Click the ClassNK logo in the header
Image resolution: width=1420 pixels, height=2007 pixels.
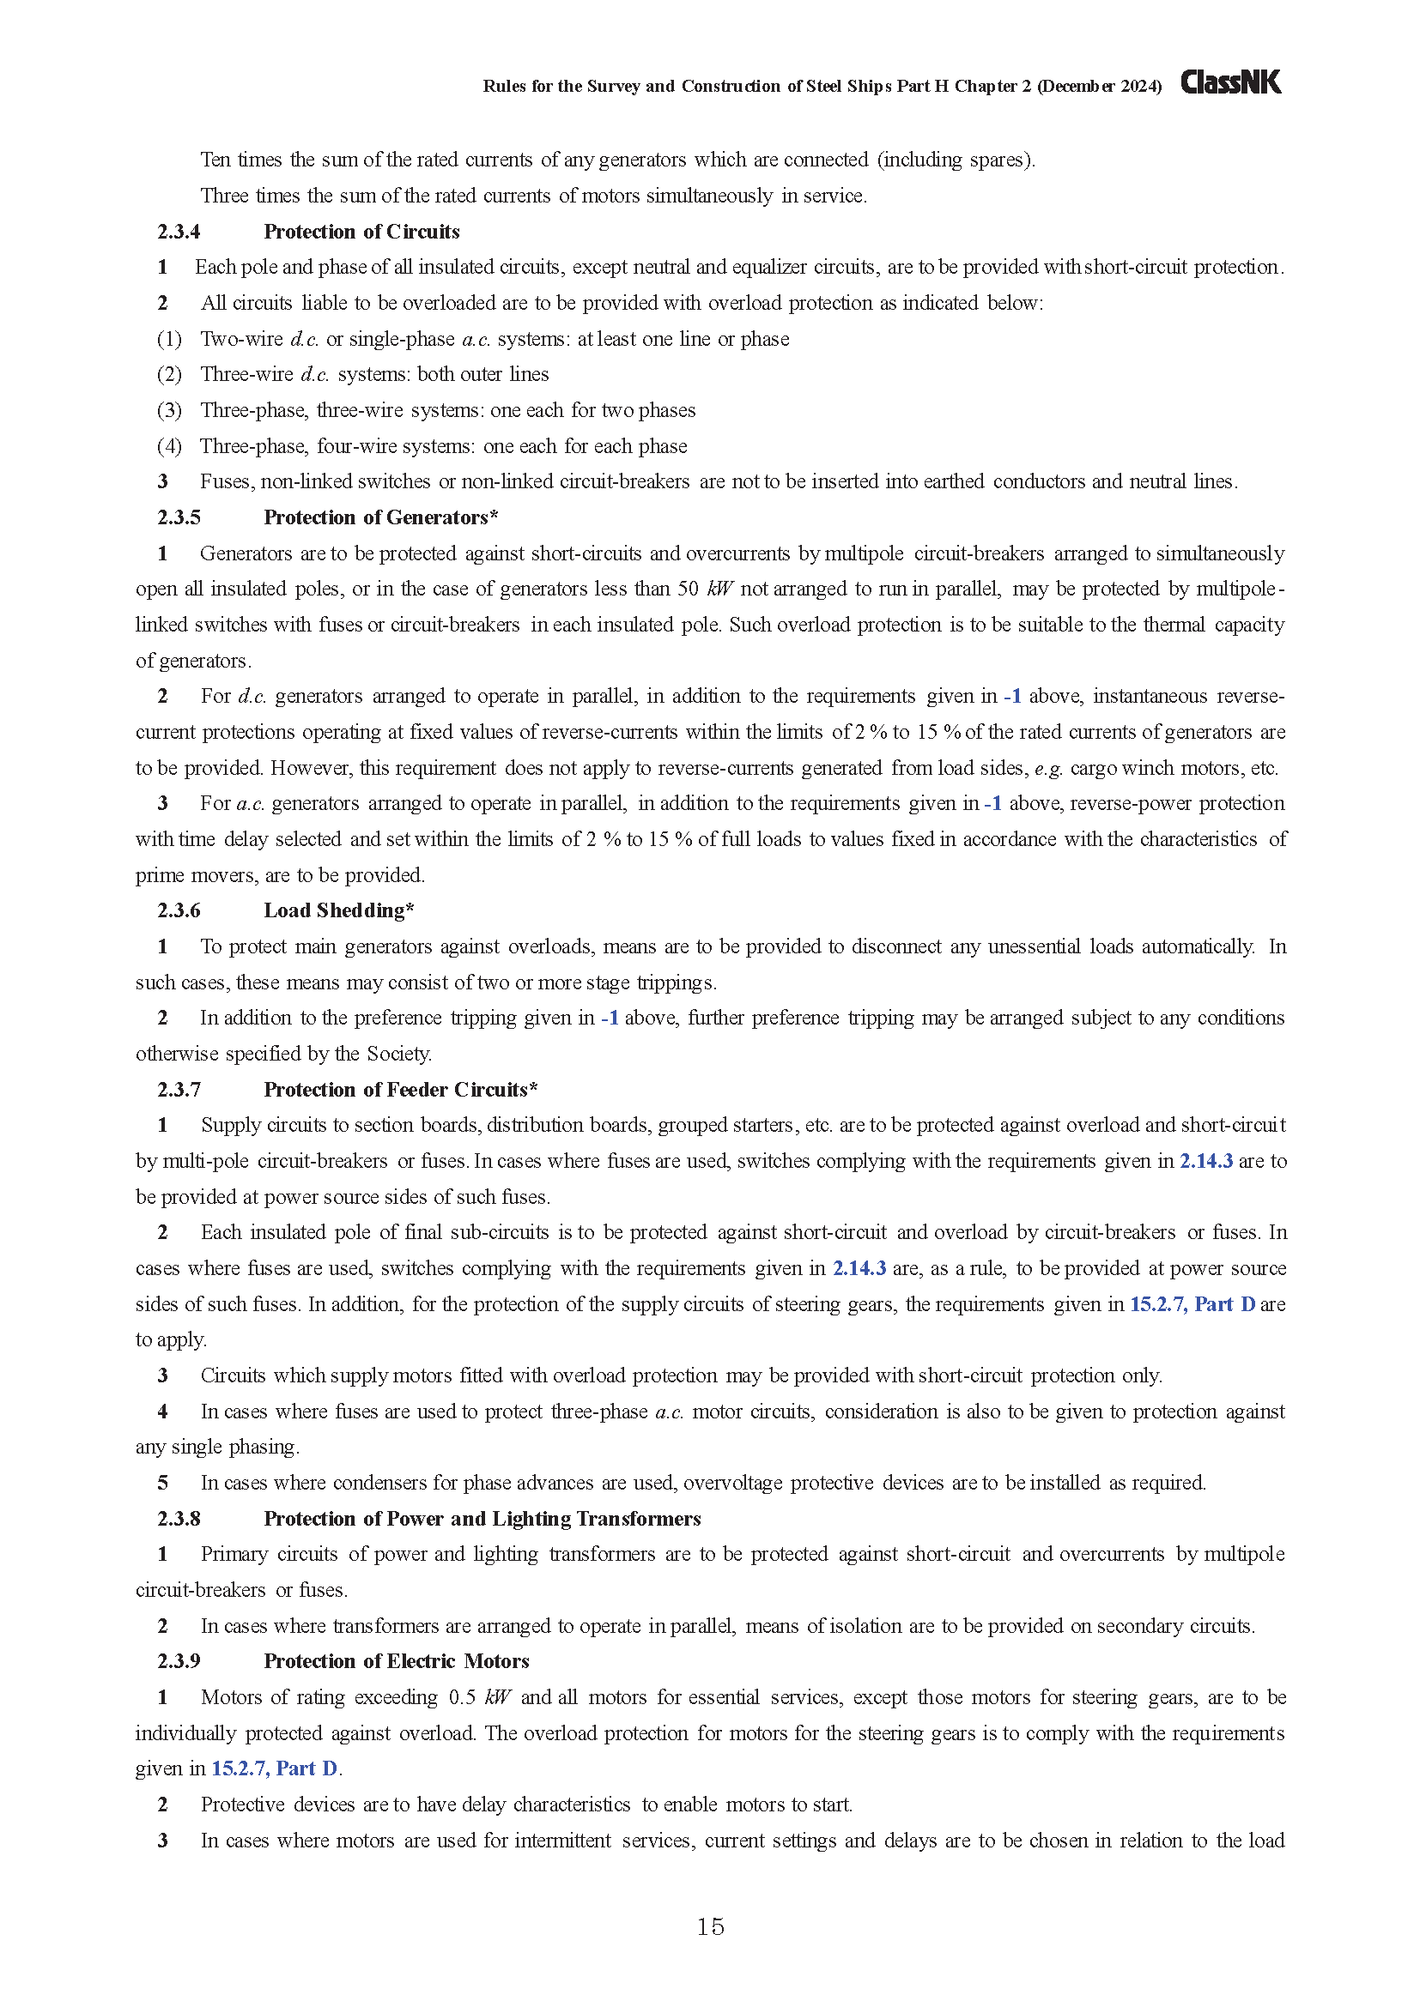(x=1230, y=83)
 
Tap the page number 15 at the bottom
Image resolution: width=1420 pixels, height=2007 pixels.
(x=710, y=1926)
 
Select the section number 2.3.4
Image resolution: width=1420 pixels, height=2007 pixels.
(x=179, y=232)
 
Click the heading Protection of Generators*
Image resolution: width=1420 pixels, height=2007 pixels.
(x=380, y=517)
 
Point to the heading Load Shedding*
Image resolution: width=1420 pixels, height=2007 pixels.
(x=338, y=911)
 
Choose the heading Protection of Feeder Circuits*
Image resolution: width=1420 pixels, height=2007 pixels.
(x=400, y=1090)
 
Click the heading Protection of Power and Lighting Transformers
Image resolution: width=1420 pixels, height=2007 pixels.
(x=482, y=1519)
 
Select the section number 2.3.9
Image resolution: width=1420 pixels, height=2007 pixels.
(x=179, y=1661)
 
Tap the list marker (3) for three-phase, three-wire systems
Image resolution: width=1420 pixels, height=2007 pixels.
(x=169, y=410)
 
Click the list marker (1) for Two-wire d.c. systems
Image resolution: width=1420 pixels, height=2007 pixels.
(x=169, y=339)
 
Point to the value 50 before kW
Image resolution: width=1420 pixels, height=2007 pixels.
(x=688, y=589)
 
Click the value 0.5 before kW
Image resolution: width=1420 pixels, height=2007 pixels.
(x=462, y=1697)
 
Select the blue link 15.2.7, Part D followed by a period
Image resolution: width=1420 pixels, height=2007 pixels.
(x=275, y=1768)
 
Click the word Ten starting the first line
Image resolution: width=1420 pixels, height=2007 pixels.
(x=215, y=160)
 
